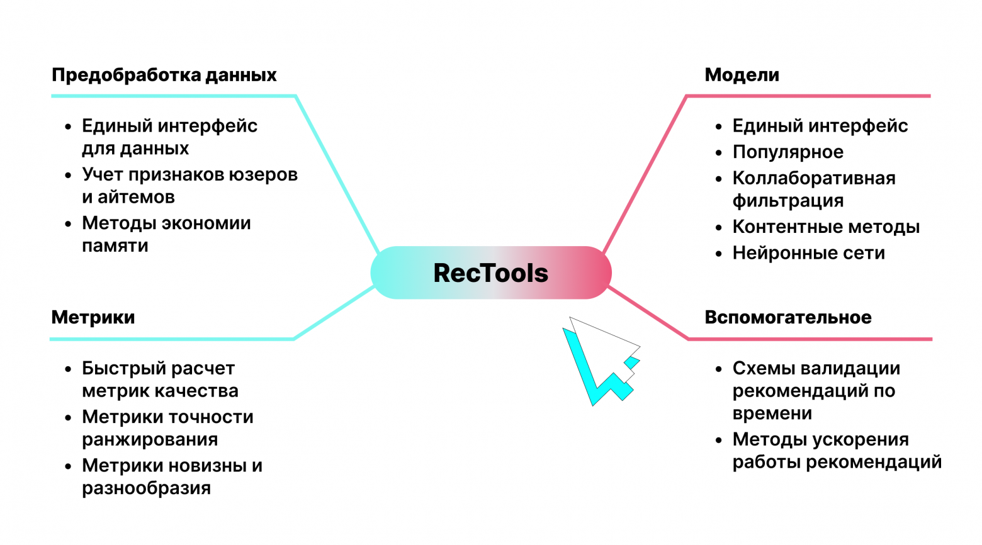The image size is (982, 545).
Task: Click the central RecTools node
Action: point(490,273)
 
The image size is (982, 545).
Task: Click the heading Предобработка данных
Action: point(164,75)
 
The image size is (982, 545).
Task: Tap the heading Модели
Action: point(742,75)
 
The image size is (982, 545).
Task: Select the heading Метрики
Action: point(93,317)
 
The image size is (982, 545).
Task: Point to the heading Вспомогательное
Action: point(787,317)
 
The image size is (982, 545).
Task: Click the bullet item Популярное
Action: point(787,152)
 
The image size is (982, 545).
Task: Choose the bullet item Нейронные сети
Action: point(808,253)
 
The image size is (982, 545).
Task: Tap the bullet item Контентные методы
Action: point(825,227)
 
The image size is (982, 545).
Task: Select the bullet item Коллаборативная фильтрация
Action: point(813,189)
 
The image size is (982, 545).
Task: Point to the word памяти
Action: point(115,246)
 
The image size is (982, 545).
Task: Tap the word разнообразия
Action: point(146,488)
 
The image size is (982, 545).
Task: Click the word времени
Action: point(772,414)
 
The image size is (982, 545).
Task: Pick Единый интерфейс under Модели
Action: point(820,126)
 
